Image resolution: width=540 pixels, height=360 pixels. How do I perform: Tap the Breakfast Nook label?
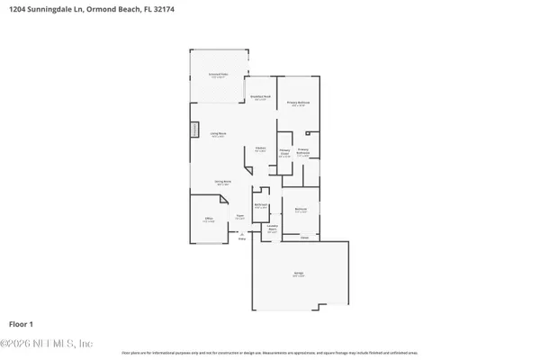tap(259, 98)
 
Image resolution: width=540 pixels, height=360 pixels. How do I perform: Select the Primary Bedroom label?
tap(298, 103)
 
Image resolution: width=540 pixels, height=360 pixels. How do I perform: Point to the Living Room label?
tap(218, 134)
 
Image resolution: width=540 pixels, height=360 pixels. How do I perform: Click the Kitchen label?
tap(259, 148)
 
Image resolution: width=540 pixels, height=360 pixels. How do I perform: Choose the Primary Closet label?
tap(284, 153)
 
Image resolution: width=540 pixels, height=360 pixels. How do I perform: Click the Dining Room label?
tap(222, 183)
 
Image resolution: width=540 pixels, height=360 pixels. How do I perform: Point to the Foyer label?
tap(240, 217)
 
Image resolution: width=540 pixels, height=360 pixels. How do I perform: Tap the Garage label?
tap(298, 274)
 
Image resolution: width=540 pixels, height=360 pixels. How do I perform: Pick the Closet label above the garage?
tap(304, 238)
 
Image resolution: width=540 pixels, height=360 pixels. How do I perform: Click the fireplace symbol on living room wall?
tap(193, 130)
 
